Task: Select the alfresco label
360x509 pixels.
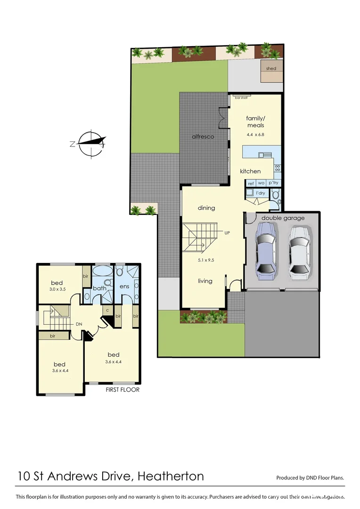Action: coord(203,137)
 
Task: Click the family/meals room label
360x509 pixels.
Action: coord(255,122)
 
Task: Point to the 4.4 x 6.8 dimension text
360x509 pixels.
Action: coord(255,134)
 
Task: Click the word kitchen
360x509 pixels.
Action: coord(250,171)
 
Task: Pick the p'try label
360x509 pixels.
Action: coord(273,183)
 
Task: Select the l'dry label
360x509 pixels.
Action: coord(260,193)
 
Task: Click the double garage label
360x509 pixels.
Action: coord(283,218)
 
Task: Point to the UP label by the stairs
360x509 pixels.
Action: coord(227,233)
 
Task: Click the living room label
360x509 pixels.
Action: coord(205,281)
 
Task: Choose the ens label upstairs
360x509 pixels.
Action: coord(125,286)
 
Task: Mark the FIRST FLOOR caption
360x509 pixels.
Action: coord(123,390)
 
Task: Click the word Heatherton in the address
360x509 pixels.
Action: coord(170,476)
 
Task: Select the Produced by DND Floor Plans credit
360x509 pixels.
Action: coord(310,477)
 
